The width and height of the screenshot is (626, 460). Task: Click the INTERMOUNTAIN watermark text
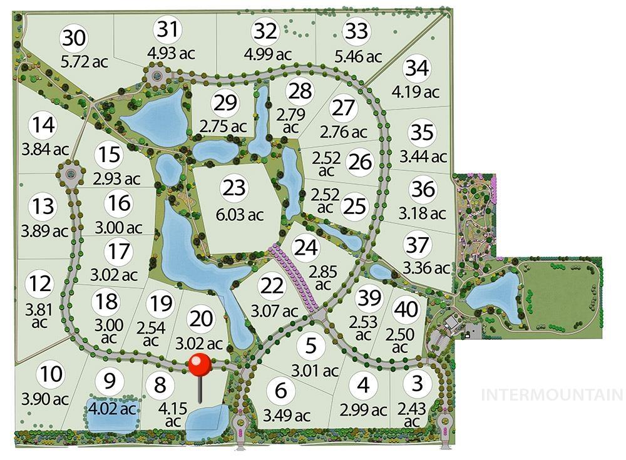click(x=552, y=395)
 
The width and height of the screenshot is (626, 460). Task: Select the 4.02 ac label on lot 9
click(x=111, y=409)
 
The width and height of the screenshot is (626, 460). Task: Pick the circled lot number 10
click(x=51, y=376)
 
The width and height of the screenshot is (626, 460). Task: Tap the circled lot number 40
click(x=406, y=309)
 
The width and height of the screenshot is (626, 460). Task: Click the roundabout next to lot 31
click(x=156, y=78)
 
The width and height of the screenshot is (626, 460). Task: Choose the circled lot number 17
click(x=119, y=252)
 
